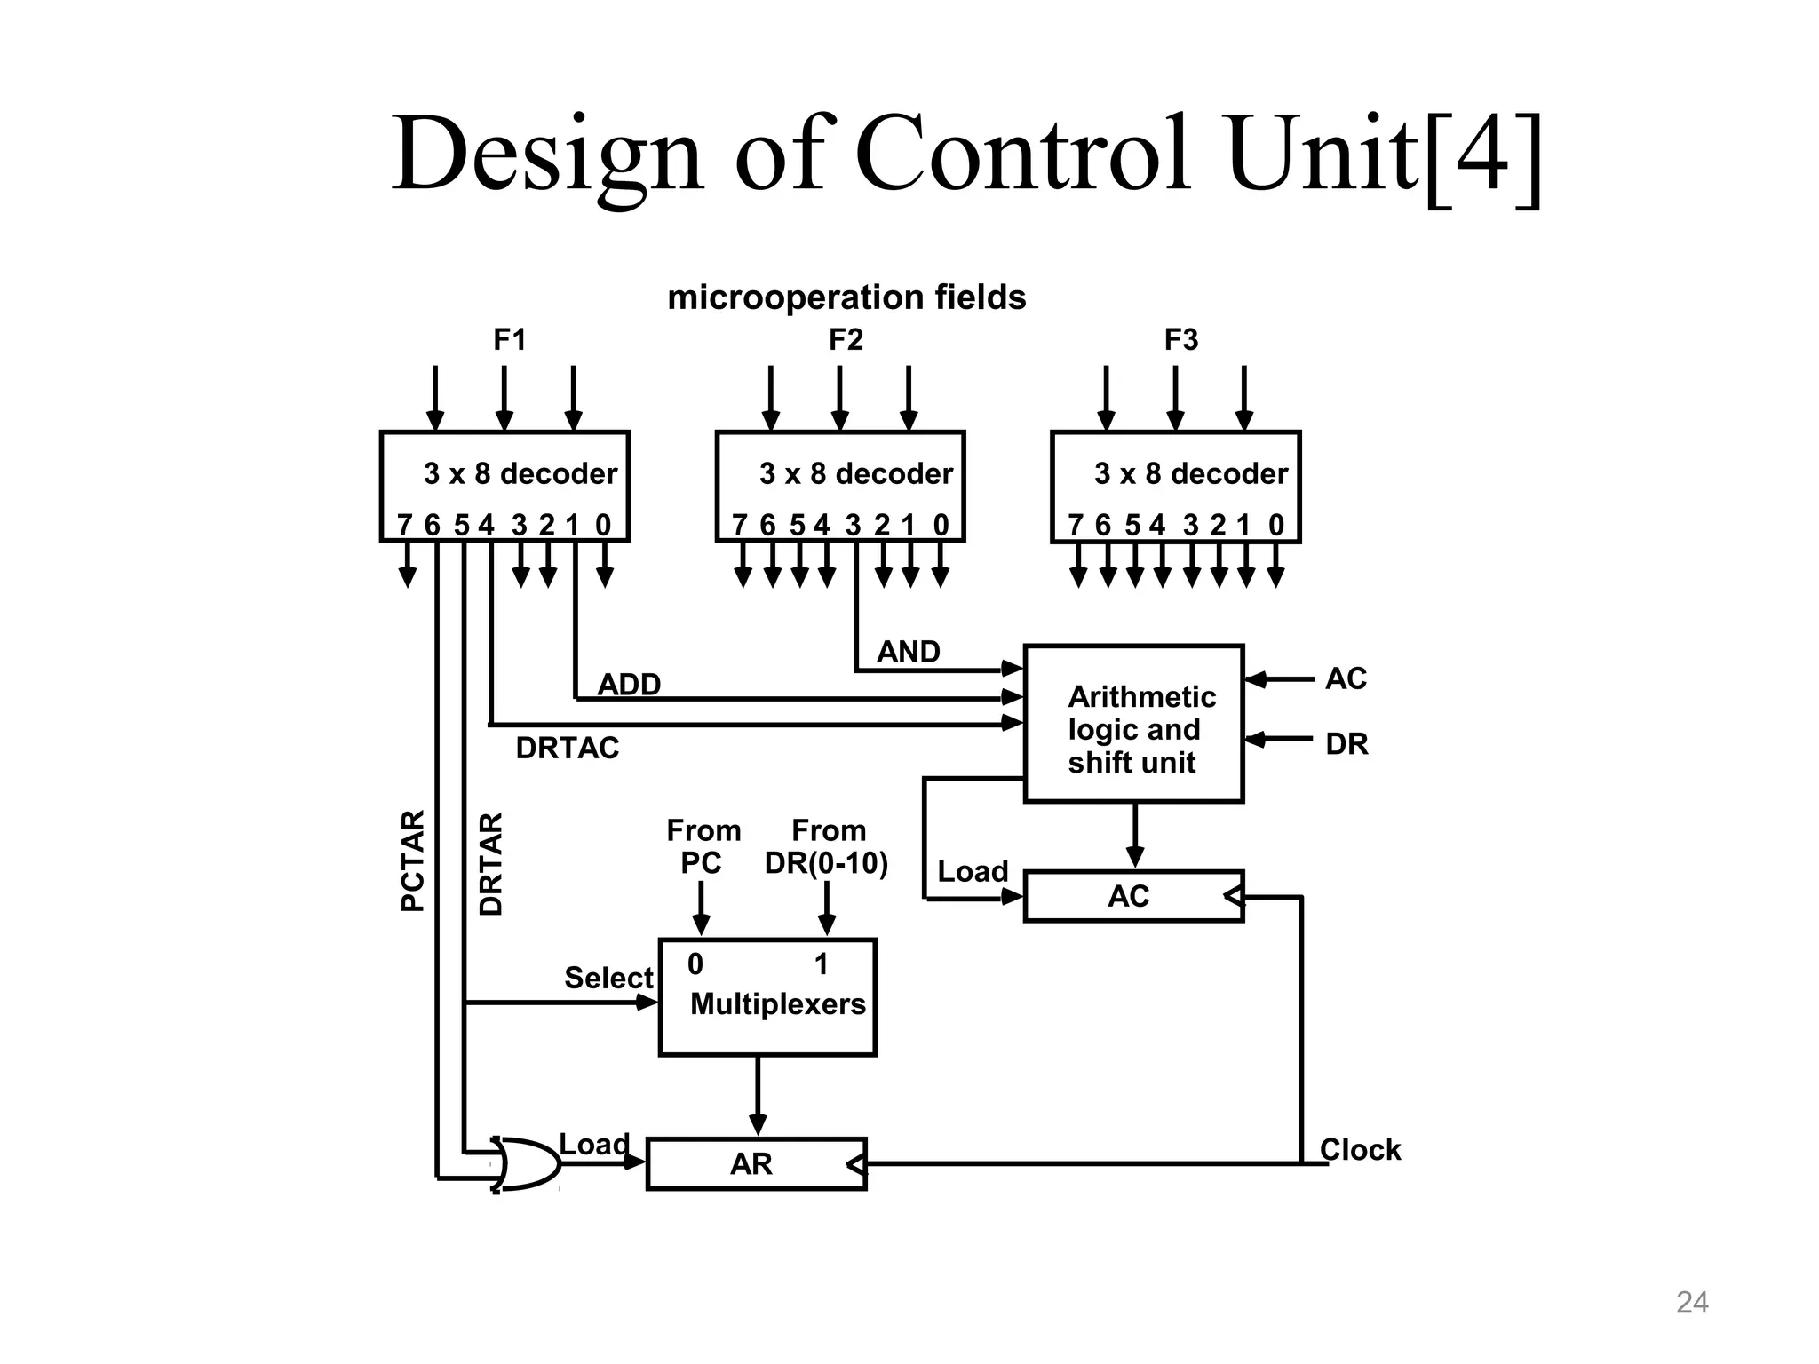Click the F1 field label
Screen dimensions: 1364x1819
pos(510,340)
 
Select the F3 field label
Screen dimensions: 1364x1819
pos(1181,340)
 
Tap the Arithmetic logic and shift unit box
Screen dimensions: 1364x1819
pos(1133,724)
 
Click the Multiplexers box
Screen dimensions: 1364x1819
pos(767,997)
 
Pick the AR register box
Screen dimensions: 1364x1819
pos(756,1163)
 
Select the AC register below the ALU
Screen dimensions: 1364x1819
pos(1132,896)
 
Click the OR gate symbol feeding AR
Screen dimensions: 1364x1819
pos(527,1162)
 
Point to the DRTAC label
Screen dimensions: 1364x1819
pos(567,749)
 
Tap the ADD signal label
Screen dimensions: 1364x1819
pos(629,685)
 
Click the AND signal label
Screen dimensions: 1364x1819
pos(908,652)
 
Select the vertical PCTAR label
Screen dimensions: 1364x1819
pos(413,860)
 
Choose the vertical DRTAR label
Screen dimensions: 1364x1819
pos(490,863)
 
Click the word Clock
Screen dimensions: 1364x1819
pos(1360,1150)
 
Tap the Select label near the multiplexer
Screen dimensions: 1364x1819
pos(608,978)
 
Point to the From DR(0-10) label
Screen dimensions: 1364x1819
pos(827,847)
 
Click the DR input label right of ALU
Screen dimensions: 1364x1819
pos(1346,744)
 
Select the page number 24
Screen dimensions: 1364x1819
pos(1691,1302)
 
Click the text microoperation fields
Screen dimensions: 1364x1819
pos(846,297)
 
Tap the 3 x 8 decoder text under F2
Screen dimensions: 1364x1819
pos(855,473)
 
